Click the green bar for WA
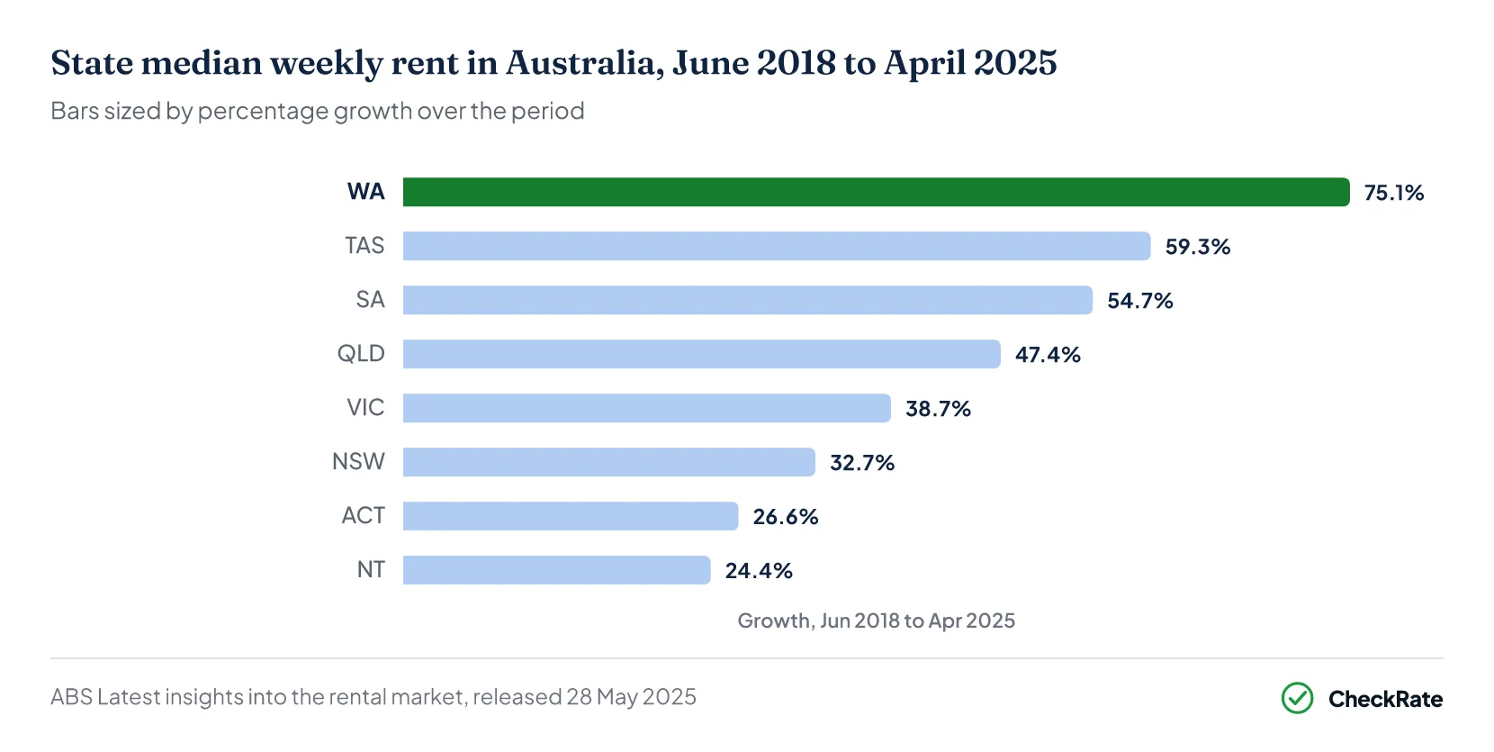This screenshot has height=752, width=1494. point(877,192)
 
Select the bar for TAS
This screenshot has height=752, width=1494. point(777,246)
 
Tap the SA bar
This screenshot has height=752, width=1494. point(748,300)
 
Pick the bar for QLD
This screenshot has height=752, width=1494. point(702,354)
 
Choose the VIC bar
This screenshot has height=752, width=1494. point(647,408)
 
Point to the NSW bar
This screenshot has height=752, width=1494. point(609,462)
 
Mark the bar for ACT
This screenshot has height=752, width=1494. point(571,516)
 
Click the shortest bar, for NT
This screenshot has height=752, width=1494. point(556,570)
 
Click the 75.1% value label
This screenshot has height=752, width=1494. point(1394,193)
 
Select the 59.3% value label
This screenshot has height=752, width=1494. point(1198,247)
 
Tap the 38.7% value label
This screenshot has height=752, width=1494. point(938,409)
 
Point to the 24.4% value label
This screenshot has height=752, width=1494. point(759,571)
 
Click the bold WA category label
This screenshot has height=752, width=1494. point(366,192)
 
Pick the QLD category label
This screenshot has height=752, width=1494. point(361,354)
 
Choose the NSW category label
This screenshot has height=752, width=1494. point(358,462)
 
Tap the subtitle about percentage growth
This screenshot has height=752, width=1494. point(318,111)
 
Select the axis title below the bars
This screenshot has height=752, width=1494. point(877,621)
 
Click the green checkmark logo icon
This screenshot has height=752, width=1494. point(1297,698)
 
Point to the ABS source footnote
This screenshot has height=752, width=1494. point(373,697)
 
